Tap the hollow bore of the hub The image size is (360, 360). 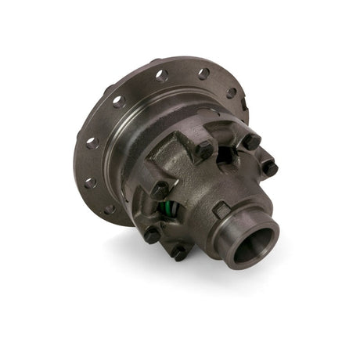(253, 245)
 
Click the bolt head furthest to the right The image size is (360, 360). (268, 167)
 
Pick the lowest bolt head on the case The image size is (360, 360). (179, 253)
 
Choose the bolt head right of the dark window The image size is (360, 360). (250, 142)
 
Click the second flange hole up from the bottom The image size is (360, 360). (92, 183)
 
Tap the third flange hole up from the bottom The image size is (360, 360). (91, 143)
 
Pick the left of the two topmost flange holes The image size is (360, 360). (161, 76)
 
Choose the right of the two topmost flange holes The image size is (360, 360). (203, 74)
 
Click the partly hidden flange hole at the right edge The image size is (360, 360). (245, 103)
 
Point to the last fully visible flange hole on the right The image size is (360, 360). (231, 92)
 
